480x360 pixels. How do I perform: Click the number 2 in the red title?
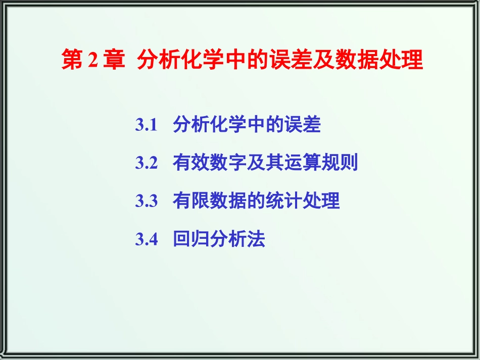tap(93, 60)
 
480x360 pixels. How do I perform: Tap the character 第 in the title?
tap(72, 60)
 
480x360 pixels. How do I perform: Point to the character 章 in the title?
tap(114, 60)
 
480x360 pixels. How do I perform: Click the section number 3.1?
tap(147, 125)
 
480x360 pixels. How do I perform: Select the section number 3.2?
tap(147, 163)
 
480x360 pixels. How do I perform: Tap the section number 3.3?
tap(147, 200)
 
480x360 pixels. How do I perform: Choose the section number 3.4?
tap(147, 239)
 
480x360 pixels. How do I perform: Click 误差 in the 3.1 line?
tap(303, 125)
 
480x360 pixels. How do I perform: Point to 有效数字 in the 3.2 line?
tap(210, 163)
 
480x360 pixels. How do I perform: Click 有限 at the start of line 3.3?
tap(191, 200)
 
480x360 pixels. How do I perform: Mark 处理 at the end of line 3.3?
tap(321, 200)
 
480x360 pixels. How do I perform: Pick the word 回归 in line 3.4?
tap(191, 239)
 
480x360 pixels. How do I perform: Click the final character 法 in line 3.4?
tap(256, 239)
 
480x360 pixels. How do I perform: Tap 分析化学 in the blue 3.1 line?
tap(210, 125)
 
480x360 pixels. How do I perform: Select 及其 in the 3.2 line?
tap(265, 163)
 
